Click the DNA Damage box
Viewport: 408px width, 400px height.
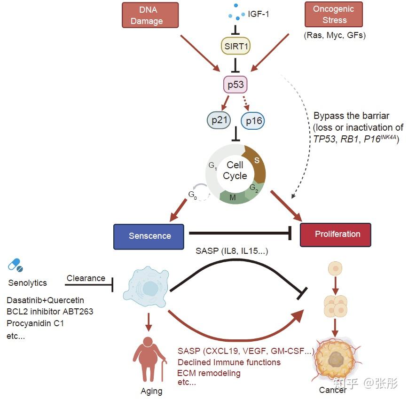(x=150, y=15)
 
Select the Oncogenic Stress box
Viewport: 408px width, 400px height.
(x=334, y=14)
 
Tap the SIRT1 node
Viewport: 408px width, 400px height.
(x=235, y=46)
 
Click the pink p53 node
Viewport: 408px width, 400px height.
(x=235, y=85)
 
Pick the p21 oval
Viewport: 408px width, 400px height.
(x=219, y=120)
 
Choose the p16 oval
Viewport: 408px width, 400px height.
(x=253, y=121)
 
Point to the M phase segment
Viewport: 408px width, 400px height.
(x=233, y=197)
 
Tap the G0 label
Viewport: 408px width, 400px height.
(x=193, y=195)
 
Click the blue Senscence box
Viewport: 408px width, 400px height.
(x=149, y=236)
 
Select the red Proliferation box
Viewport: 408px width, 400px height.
(x=336, y=235)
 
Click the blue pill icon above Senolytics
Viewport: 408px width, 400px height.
(x=16, y=265)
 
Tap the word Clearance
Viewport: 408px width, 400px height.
(x=86, y=278)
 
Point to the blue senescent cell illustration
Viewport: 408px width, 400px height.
(x=146, y=287)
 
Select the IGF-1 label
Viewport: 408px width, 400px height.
(x=258, y=14)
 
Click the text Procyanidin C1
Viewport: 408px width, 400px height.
(x=35, y=323)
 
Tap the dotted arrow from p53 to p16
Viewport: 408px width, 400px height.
(x=246, y=103)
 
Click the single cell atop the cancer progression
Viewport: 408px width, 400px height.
(x=336, y=268)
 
